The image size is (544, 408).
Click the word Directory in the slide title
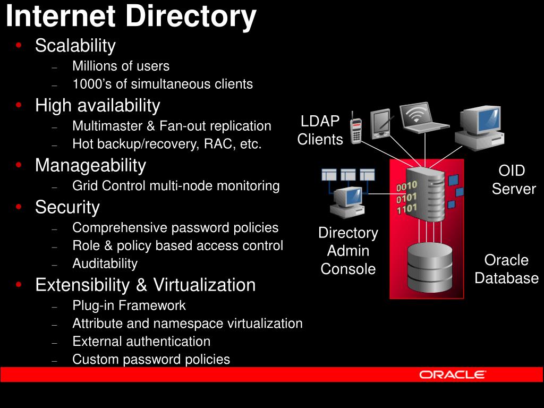[191, 17]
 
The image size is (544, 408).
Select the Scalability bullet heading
[75, 46]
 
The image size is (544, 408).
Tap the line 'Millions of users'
[121, 66]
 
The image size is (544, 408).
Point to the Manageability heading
[90, 166]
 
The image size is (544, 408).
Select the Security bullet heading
[67, 207]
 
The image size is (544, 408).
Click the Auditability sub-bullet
[105, 263]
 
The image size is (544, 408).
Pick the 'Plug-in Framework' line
[129, 305]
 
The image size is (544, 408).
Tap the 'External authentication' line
[141, 341]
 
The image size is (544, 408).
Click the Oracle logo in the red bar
[452, 375]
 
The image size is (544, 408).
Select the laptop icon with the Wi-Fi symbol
[423, 117]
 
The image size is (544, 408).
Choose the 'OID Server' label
[513, 180]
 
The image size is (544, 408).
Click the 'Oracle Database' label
[506, 269]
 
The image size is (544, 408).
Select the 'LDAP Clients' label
[320, 130]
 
